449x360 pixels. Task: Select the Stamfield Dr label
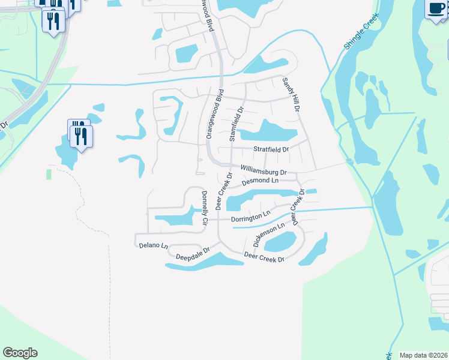click(236, 125)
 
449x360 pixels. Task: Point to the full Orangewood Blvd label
click(214, 115)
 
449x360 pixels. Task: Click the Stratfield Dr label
click(271, 149)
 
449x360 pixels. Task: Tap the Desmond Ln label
click(261, 181)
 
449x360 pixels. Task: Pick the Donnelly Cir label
click(205, 208)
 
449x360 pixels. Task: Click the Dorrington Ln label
click(251, 217)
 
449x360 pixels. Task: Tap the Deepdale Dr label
click(192, 254)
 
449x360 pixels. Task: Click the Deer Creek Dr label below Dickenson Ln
click(264, 257)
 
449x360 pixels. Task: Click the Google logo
click(20, 353)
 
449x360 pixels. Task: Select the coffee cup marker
click(436, 9)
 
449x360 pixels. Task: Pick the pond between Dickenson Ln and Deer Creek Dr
click(281, 241)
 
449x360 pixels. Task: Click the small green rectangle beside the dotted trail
click(48, 174)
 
